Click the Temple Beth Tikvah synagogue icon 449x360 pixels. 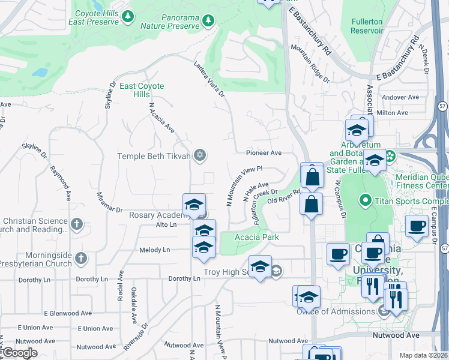[x=200, y=156]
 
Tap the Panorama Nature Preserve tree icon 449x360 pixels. [x=208, y=22]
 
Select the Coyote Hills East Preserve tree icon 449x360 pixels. [x=127, y=17]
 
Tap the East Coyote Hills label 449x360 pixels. [x=142, y=91]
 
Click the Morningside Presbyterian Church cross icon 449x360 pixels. [x=82, y=259]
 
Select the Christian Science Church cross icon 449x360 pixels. [x=76, y=225]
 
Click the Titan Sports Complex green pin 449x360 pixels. [x=364, y=200]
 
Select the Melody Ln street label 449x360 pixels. [x=155, y=250]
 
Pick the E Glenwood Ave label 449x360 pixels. [x=68, y=313]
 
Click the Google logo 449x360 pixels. [x=20, y=353]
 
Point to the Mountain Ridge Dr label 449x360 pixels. [x=310, y=62]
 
